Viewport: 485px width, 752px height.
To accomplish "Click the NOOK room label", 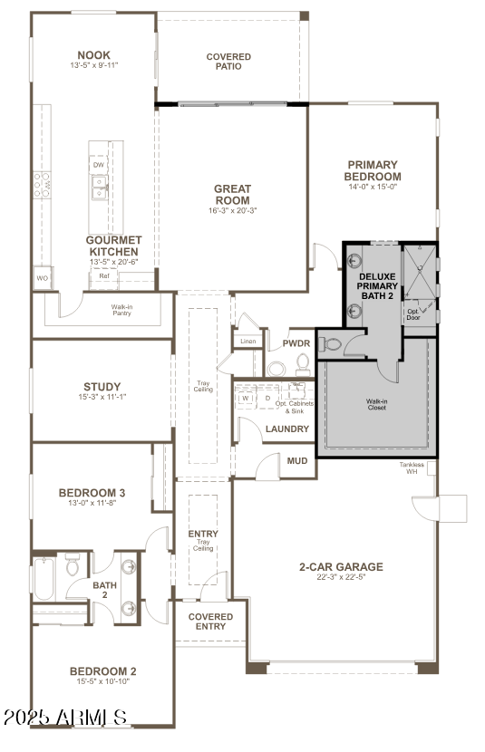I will [94, 54].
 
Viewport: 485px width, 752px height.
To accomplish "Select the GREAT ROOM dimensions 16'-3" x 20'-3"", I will [232, 210].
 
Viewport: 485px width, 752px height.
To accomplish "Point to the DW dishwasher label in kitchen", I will [97, 165].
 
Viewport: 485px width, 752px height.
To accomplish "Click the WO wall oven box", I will [42, 278].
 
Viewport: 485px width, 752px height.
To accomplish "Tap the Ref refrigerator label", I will [104, 276].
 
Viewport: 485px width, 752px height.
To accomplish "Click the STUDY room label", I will [102, 386].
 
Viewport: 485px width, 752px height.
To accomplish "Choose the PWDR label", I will [296, 344].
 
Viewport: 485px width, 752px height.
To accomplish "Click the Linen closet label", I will [247, 342].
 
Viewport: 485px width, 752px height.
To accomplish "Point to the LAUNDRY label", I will [287, 429].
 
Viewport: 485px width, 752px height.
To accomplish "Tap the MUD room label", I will [297, 460].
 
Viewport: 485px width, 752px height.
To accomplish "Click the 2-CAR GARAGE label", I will [341, 567].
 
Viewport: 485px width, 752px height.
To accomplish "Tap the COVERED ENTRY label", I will [210, 622].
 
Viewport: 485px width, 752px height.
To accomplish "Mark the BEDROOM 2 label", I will [102, 671].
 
